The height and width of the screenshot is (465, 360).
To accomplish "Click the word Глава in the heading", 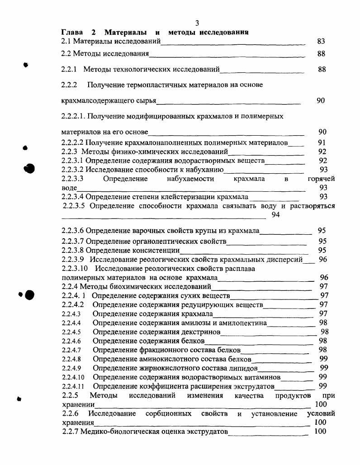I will click(x=72, y=33).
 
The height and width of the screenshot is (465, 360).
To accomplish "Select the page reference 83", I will click(x=321, y=41).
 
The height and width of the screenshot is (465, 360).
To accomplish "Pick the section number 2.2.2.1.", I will click(x=73, y=116).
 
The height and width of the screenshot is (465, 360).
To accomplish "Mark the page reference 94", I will click(x=276, y=215).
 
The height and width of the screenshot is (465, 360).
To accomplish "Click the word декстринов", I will click(x=199, y=332).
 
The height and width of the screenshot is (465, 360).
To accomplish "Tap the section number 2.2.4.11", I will click(x=73, y=386).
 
